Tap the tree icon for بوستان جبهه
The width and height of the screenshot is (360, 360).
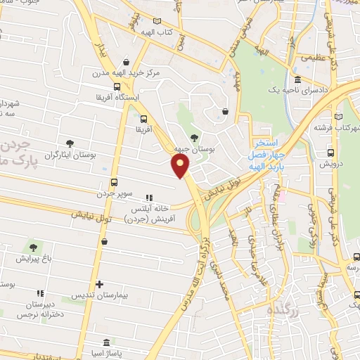click(x=195, y=136)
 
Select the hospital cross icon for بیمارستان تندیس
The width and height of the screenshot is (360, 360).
click(x=99, y=284)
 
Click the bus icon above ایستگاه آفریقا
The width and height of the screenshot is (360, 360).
click(x=106, y=86)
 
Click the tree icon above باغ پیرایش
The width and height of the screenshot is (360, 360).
click(x=32, y=247)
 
